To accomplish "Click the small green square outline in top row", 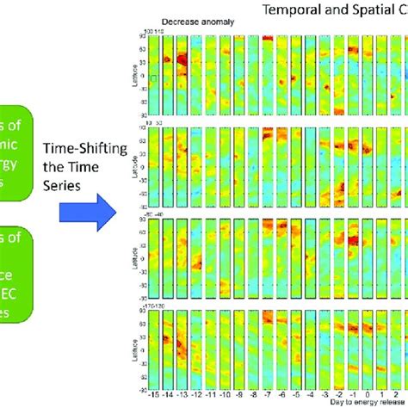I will tap(152, 78).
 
